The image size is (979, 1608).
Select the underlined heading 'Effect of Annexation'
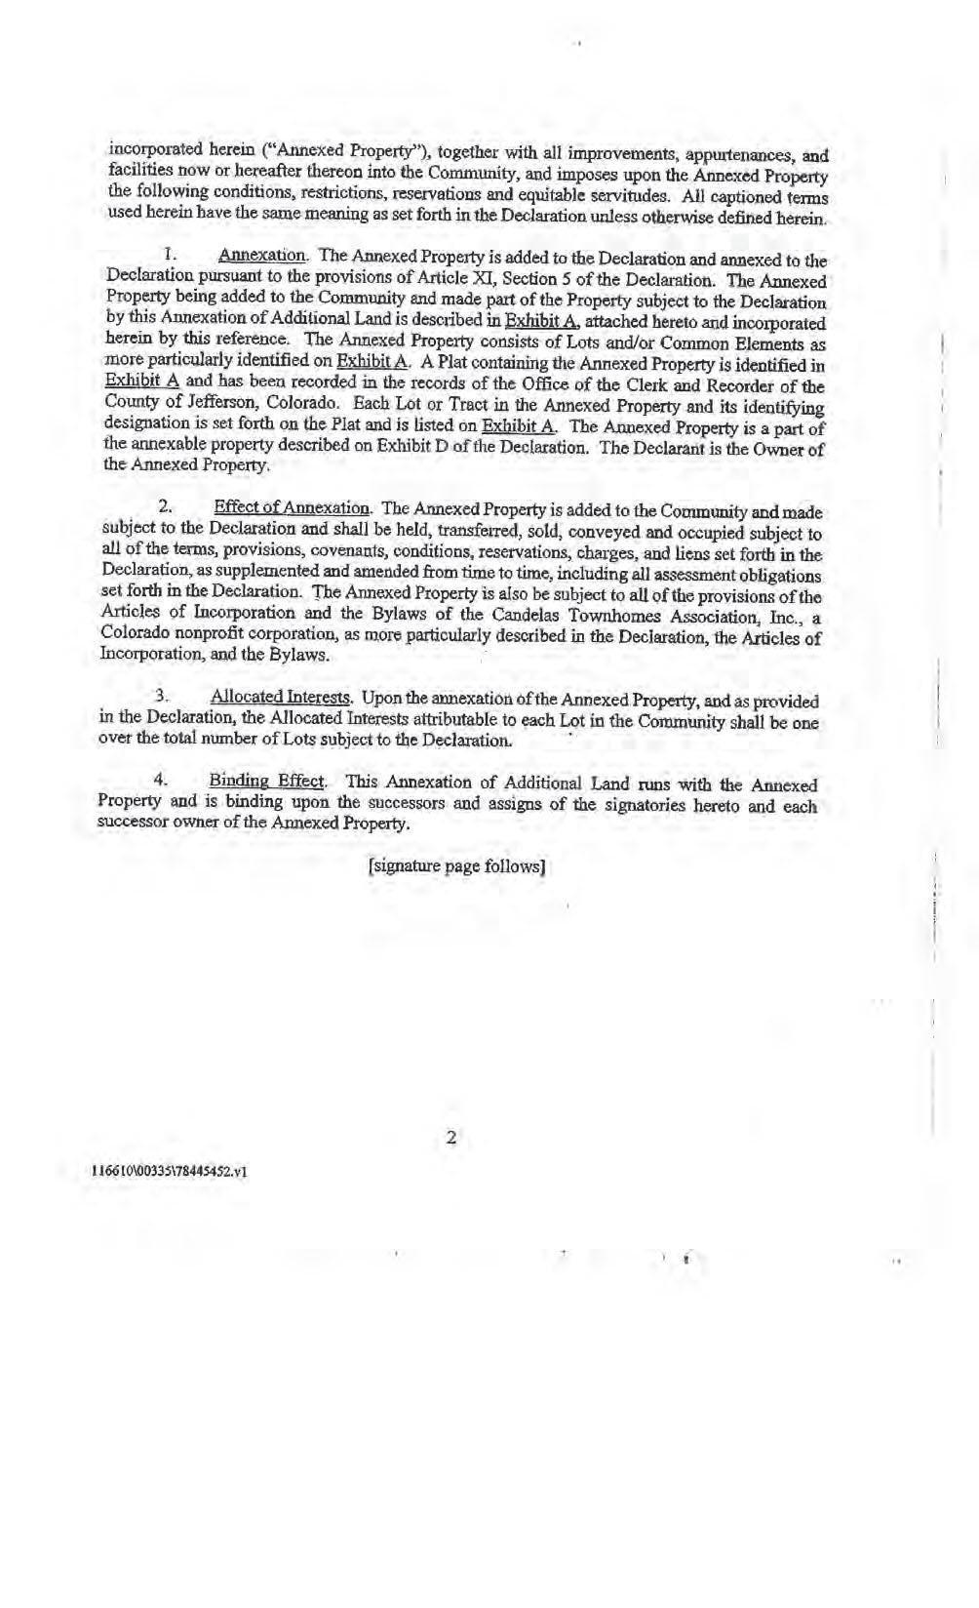292,508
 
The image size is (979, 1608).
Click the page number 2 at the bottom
450,1138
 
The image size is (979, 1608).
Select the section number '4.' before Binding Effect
163,782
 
